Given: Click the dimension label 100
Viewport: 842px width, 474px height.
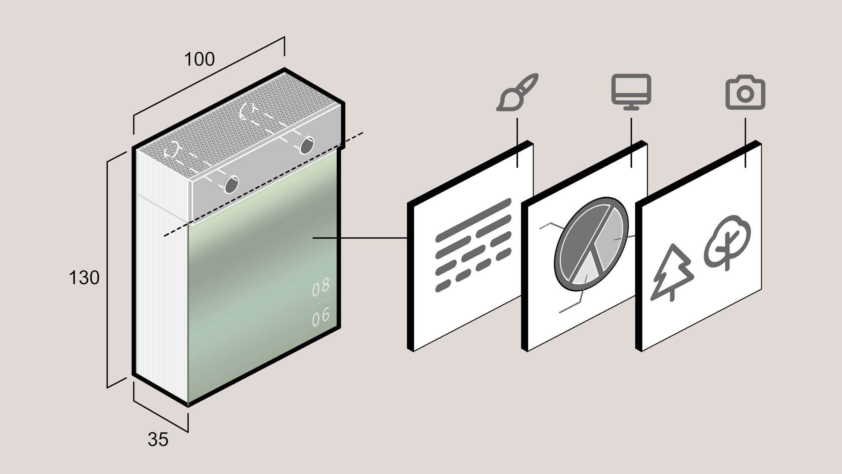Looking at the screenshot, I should click(x=199, y=60).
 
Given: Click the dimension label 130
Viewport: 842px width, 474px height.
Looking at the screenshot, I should click(x=84, y=278).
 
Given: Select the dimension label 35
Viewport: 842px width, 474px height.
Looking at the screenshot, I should click(x=158, y=440).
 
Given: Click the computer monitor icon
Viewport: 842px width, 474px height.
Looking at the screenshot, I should click(x=631, y=92).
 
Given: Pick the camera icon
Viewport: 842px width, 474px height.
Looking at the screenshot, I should click(x=745, y=93).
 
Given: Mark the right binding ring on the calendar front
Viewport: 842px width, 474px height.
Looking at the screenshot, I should click(x=307, y=145).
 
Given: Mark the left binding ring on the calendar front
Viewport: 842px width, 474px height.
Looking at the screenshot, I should click(x=231, y=184).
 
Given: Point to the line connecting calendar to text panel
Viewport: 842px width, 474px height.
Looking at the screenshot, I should click(x=360, y=238).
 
